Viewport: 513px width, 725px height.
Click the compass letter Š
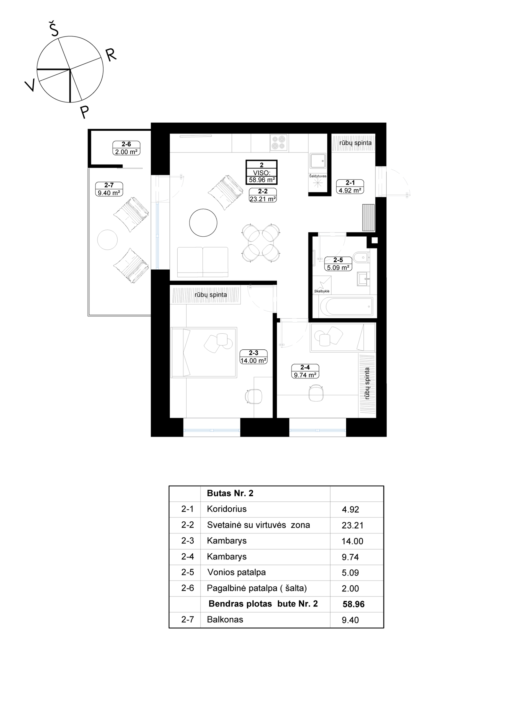[x=54, y=29]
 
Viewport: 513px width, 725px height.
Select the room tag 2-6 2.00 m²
[x=126, y=148]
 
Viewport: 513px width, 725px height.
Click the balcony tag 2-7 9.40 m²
[x=109, y=189]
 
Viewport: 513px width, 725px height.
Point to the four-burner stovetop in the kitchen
[x=278, y=143]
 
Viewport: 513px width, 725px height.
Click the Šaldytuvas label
[x=318, y=176]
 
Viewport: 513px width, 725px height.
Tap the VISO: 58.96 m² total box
[x=262, y=172]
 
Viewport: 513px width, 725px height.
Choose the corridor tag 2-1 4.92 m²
[x=350, y=186]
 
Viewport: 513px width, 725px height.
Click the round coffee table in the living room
[x=203, y=223]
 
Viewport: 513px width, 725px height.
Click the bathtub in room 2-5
[x=346, y=306]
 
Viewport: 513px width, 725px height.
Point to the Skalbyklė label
[x=322, y=291]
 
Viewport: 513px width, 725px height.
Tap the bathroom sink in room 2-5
[x=363, y=279]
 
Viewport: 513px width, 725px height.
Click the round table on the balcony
[x=107, y=240]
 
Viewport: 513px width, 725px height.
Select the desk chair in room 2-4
[x=316, y=393]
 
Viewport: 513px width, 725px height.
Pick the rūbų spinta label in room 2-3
[x=211, y=295]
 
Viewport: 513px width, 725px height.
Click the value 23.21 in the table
[x=352, y=525]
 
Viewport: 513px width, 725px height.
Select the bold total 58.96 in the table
[x=353, y=604]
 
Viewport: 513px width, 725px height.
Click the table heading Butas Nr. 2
[x=230, y=493]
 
